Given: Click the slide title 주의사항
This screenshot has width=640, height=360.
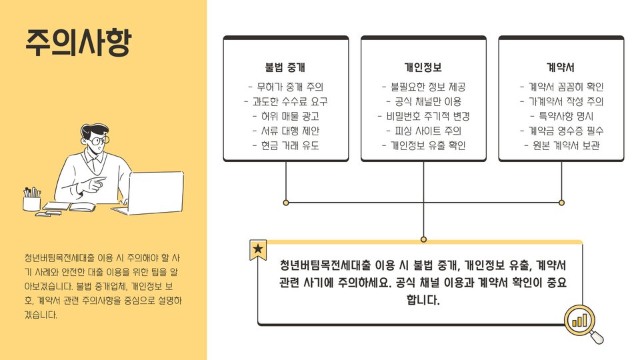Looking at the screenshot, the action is pyautogui.click(x=78, y=42).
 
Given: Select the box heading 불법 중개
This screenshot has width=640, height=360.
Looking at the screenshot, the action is pyautogui.click(x=285, y=67).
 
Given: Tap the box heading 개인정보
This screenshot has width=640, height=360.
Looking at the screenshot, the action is pyautogui.click(x=423, y=67).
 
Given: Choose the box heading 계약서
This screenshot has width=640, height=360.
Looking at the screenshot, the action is pyautogui.click(x=561, y=67).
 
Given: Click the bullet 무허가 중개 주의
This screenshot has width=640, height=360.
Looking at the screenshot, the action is pyautogui.click(x=285, y=87).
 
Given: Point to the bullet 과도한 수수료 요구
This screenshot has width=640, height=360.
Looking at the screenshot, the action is pyautogui.click(x=285, y=101).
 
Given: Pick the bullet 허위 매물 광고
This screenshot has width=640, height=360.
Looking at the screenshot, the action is pyautogui.click(x=285, y=116).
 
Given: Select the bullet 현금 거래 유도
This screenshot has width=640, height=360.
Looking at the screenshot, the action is pyautogui.click(x=285, y=145).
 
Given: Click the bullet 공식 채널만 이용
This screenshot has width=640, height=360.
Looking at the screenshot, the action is pyautogui.click(x=423, y=101).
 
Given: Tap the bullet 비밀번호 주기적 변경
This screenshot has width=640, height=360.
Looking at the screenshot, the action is pyautogui.click(x=423, y=116).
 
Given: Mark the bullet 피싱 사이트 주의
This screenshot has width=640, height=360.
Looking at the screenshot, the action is pyautogui.click(x=423, y=131).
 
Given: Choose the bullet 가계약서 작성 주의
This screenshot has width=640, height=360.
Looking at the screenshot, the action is pyautogui.click(x=561, y=101).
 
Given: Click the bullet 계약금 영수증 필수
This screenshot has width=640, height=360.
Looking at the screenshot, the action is pyautogui.click(x=561, y=131).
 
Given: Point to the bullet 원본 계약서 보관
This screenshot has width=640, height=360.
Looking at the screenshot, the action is pyautogui.click(x=561, y=145).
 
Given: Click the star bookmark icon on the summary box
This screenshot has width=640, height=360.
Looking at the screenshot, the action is pyautogui.click(x=258, y=250).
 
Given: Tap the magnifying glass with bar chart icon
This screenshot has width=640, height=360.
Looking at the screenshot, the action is pyautogui.click(x=582, y=323).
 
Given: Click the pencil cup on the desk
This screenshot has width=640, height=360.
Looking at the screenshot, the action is pyautogui.click(x=32, y=201).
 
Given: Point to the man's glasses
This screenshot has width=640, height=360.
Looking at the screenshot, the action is pyautogui.click(x=98, y=141).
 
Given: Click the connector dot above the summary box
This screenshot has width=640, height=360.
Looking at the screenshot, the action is pyautogui.click(x=423, y=239).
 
